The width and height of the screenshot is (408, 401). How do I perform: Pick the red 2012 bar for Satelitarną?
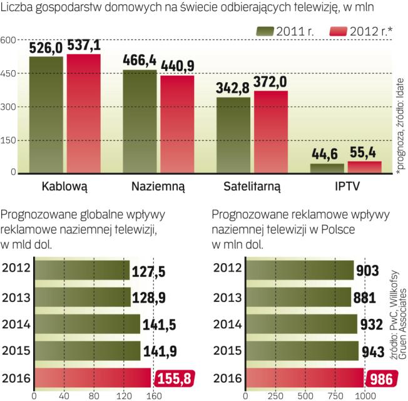tap(270, 132)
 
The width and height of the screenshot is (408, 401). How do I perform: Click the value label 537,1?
tap(83, 46)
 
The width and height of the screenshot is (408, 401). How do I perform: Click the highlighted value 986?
tap(380, 378)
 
